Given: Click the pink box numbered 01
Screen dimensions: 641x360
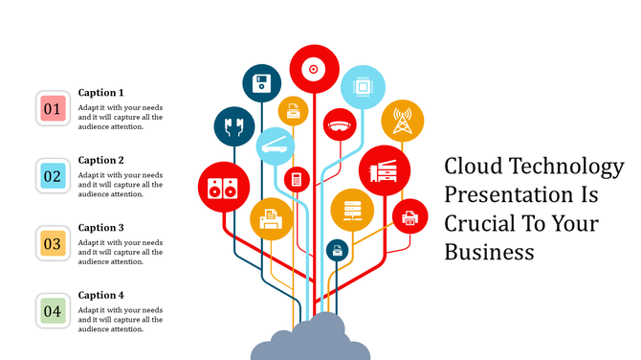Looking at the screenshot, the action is (53, 108).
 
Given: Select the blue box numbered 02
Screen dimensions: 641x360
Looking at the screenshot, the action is (53, 176).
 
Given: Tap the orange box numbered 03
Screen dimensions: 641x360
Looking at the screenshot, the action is (53, 243).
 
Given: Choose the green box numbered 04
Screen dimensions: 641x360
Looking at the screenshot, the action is (53, 310).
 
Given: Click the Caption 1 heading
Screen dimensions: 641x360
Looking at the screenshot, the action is (101, 93).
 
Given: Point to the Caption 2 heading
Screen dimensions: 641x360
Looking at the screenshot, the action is (101, 160).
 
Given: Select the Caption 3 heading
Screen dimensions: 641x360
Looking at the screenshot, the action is (101, 228).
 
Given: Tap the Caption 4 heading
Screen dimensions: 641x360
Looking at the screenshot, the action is (101, 295).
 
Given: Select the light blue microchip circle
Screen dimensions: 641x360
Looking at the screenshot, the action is (363, 86).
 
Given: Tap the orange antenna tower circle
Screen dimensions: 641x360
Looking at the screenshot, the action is (402, 121).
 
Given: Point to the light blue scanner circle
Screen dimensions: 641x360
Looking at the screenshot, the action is (276, 146).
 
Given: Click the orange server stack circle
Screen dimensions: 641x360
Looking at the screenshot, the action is (351, 210).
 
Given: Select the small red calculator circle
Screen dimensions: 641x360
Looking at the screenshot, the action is (297, 178).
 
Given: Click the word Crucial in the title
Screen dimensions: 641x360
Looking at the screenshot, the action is (479, 223).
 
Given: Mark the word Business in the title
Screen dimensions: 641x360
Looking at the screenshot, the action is (488, 252).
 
